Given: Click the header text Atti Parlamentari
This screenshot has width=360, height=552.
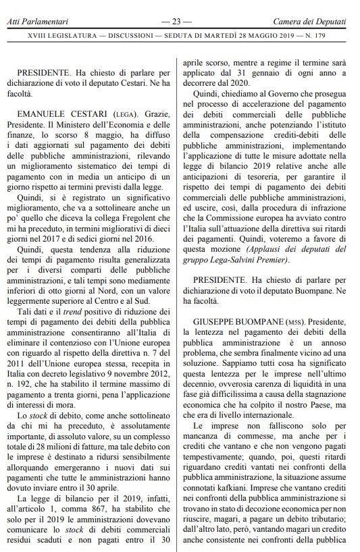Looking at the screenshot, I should [x=35, y=22].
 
